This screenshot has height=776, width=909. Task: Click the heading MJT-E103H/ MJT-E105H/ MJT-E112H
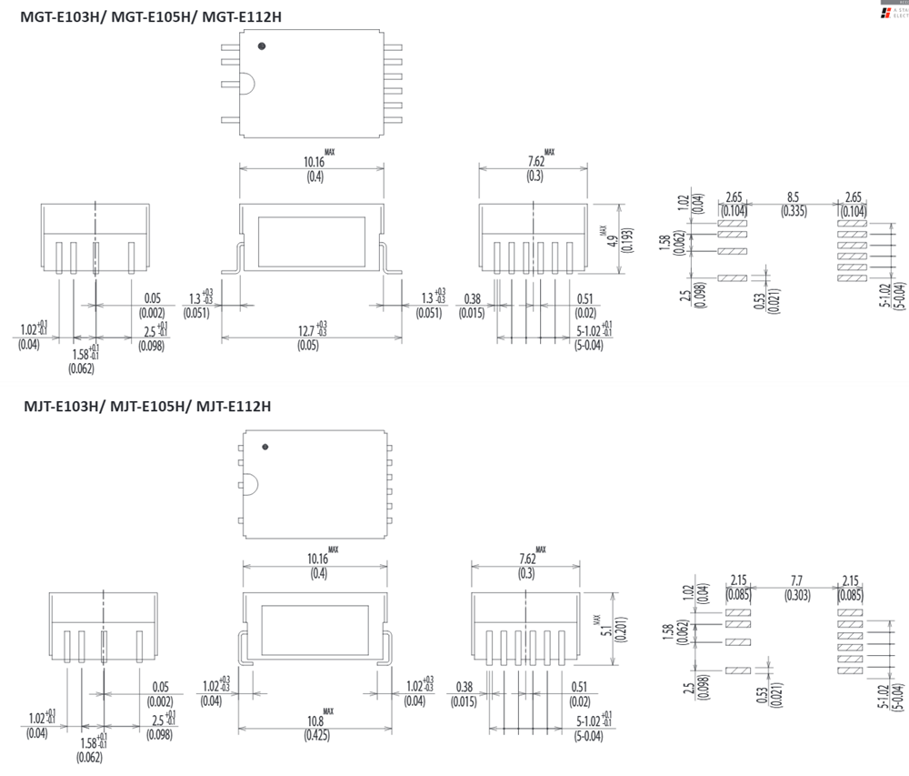click(146, 407)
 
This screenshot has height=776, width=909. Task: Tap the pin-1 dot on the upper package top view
click(262, 45)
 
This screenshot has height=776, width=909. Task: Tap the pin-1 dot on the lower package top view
click(265, 447)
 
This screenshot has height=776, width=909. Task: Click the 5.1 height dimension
click(605, 627)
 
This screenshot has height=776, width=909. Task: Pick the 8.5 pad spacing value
click(794, 197)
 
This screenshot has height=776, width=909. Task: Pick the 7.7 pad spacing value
click(797, 580)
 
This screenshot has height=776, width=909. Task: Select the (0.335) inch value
click(794, 211)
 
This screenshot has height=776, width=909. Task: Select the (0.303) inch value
click(797, 595)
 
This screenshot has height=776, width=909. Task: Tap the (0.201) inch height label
click(620, 627)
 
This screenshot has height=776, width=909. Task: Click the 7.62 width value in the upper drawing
click(535, 162)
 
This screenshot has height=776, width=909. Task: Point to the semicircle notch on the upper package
click(248, 84)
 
